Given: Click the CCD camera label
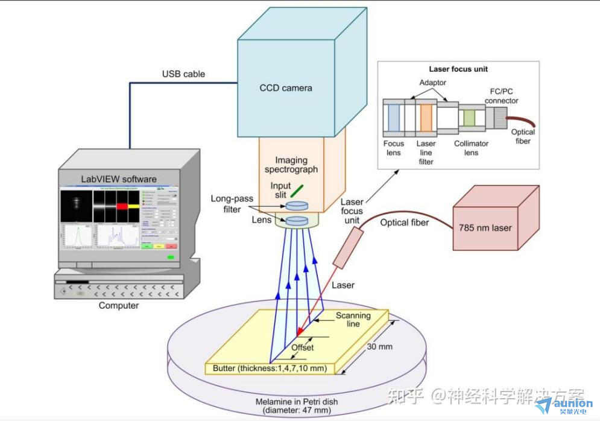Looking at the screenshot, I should (286, 87).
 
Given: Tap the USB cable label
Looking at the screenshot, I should (183, 74).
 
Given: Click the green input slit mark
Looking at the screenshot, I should (296, 191).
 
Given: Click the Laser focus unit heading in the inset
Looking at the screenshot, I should (458, 69).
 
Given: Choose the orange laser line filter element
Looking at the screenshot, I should (426, 118).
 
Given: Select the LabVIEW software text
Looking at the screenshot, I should (119, 179).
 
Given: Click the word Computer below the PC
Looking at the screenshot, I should (119, 305).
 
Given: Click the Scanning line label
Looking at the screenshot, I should (353, 320).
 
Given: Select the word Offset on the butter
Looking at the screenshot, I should (303, 347).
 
